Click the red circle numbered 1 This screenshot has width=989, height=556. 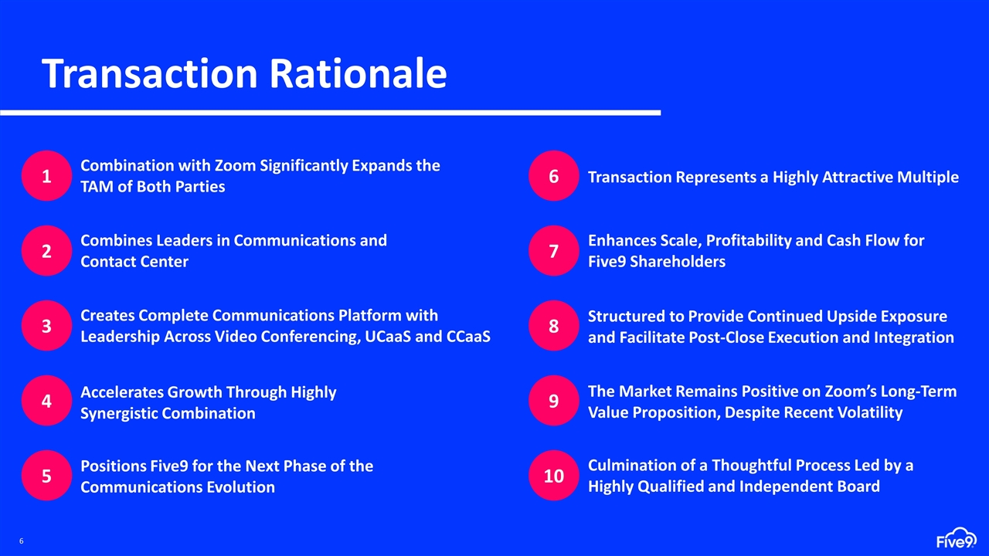pyautogui.click(x=46, y=176)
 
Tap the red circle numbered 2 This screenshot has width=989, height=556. pyautogui.click(x=46, y=251)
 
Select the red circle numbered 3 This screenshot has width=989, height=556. pyautogui.click(x=46, y=326)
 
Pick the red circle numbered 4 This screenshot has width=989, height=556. pyautogui.click(x=46, y=402)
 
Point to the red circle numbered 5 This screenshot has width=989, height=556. pyautogui.click(x=46, y=476)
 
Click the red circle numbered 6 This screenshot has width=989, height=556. pyautogui.click(x=554, y=176)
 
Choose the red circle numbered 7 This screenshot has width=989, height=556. pyautogui.click(x=554, y=251)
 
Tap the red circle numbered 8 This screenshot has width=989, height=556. pyautogui.click(x=554, y=326)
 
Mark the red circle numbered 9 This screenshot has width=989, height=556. pyautogui.click(x=554, y=402)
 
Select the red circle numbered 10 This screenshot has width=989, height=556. pyautogui.click(x=554, y=476)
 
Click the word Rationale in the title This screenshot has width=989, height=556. pyautogui.click(x=358, y=74)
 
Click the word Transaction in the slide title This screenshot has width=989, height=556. pyautogui.click(x=150, y=74)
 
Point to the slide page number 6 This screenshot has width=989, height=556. pyautogui.click(x=22, y=541)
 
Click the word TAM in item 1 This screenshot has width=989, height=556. pyautogui.click(x=97, y=187)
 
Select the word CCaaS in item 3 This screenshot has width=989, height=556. pyautogui.click(x=468, y=337)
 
